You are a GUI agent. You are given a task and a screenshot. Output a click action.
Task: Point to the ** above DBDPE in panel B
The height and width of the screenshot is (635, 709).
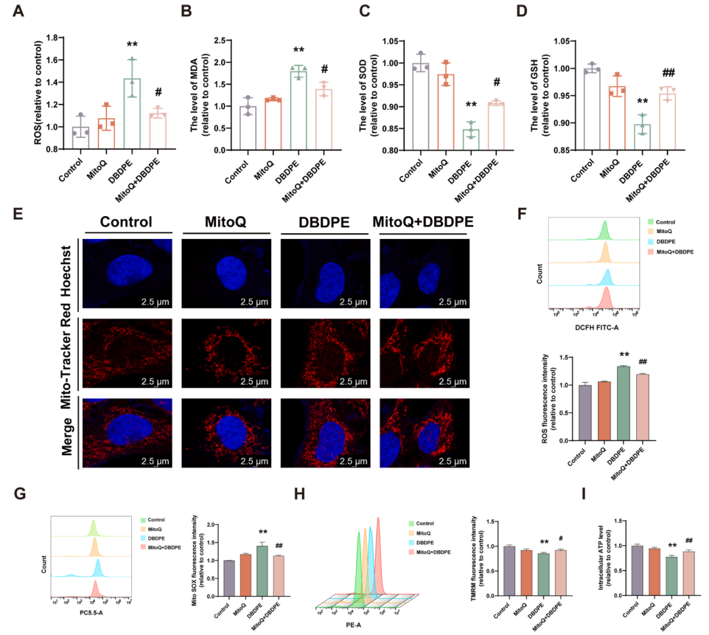click(299, 51)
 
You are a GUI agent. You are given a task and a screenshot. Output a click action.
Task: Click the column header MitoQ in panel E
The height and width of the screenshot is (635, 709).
click(226, 221)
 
